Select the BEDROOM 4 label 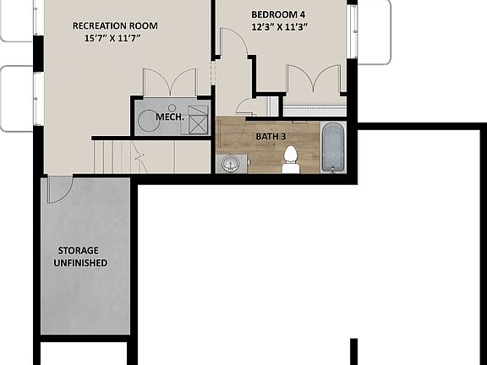(x=279, y=14)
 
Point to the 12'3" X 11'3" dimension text (x=279, y=28)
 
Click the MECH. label (x=170, y=117)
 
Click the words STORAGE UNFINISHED (x=82, y=257)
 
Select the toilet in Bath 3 (x=291, y=159)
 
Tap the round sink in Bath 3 (x=228, y=164)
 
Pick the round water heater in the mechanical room (x=149, y=120)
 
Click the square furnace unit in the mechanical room (x=197, y=120)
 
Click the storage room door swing (x=57, y=190)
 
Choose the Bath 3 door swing (x=247, y=107)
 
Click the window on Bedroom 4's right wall (x=352, y=32)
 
